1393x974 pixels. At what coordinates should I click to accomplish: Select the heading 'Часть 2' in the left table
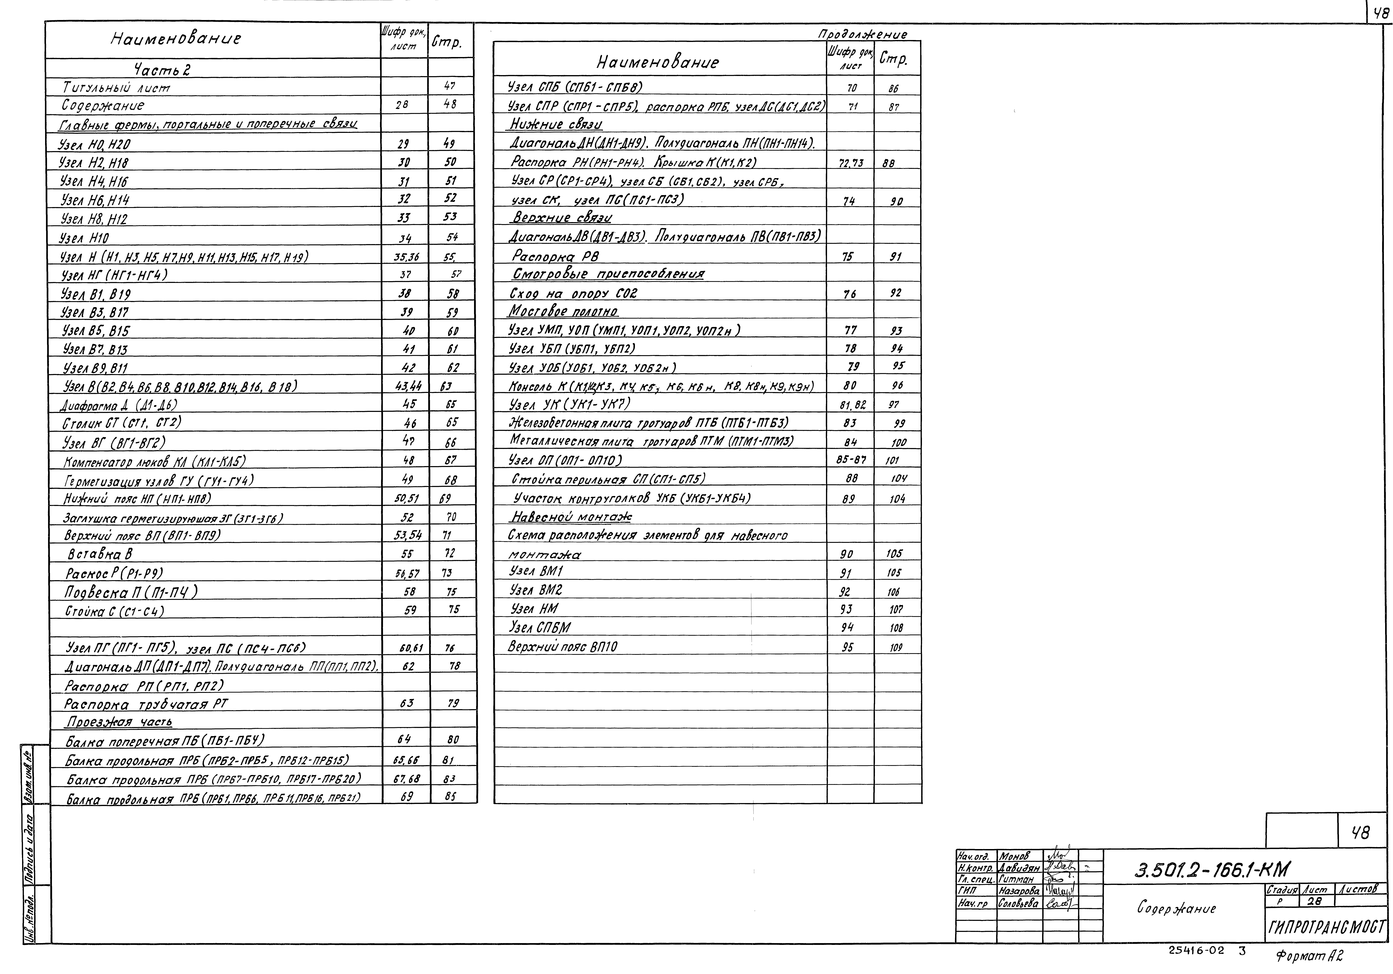point(162,70)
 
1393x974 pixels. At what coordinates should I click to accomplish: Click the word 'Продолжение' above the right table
point(863,35)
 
